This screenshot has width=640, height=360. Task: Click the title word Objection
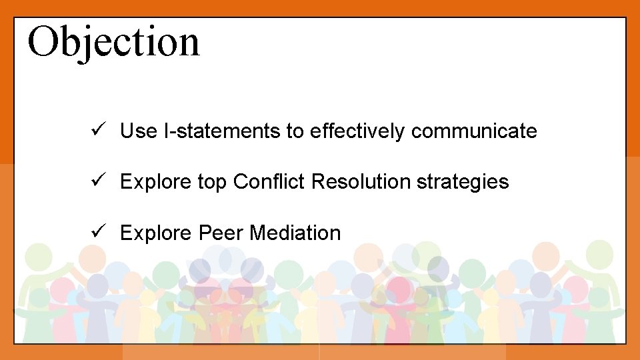[x=113, y=41]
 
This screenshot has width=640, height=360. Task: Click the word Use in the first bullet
[x=139, y=131]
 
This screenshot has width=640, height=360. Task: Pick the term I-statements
[x=222, y=131]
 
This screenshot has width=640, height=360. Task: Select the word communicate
[x=473, y=131]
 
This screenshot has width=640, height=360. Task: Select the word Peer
[x=221, y=233]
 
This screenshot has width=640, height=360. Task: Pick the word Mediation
[x=295, y=233]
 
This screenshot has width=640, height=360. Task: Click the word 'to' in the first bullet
[x=295, y=132]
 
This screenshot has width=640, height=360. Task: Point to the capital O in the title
[x=43, y=41]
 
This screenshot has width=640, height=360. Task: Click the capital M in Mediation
[x=257, y=233]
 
